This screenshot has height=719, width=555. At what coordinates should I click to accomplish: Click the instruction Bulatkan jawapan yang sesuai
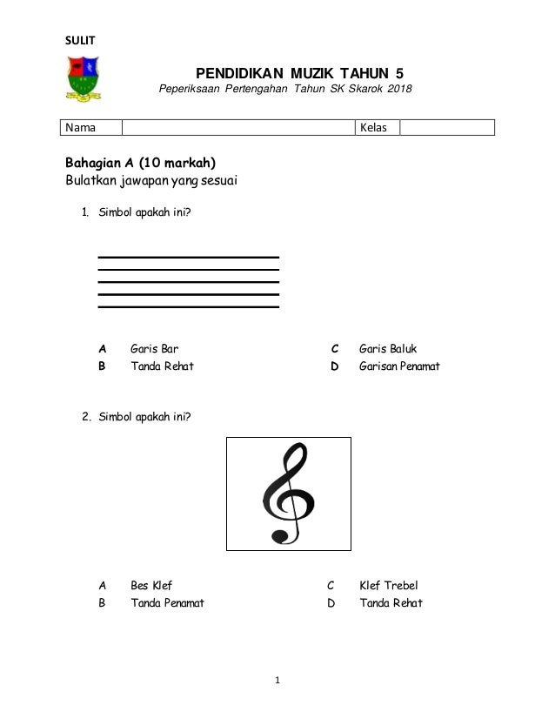151,181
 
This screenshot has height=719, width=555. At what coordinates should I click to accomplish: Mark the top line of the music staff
188,258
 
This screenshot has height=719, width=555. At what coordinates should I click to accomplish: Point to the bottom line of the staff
188,307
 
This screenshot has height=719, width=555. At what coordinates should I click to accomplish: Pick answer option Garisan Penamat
399,366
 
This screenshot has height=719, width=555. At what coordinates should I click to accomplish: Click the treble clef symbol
288,494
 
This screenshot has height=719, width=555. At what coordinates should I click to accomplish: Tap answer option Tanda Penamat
167,602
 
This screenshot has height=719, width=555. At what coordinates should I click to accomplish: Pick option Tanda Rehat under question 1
162,366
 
